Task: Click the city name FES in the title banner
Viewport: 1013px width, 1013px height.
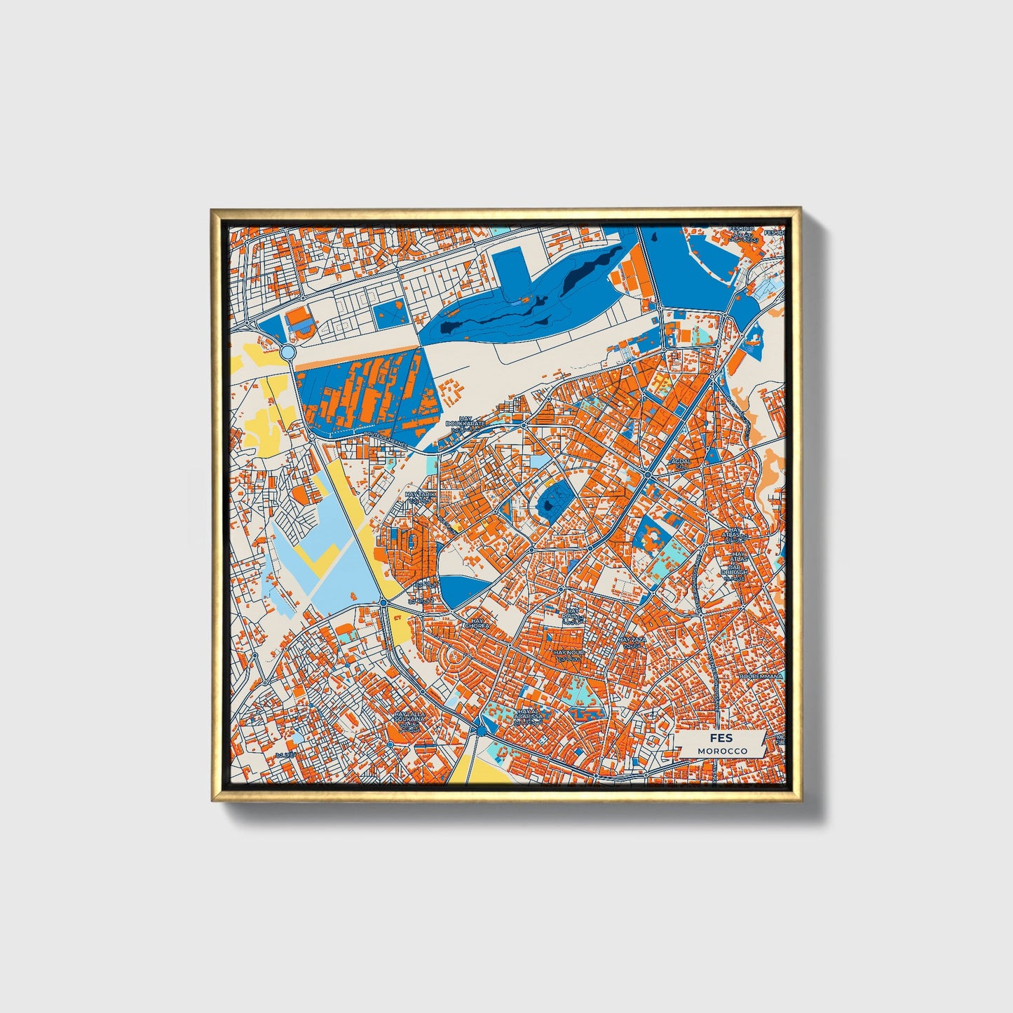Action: click(721, 738)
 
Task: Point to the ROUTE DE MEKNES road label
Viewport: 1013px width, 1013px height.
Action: click(386, 435)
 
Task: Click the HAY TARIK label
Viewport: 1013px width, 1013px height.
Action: click(421, 494)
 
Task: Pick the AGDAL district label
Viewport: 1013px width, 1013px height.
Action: click(680, 462)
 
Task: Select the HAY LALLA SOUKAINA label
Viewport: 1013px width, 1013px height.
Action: click(409, 716)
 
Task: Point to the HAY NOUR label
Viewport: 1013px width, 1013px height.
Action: click(568, 653)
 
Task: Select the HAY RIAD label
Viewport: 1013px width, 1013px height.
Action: click(573, 614)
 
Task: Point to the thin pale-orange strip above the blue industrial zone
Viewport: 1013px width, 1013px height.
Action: click(358, 356)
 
